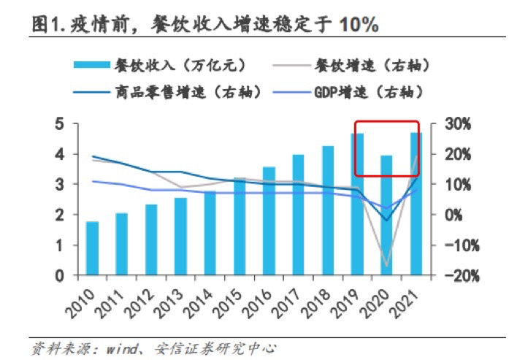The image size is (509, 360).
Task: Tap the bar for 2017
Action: pos(299,215)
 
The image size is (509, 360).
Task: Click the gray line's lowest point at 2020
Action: pos(386,267)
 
